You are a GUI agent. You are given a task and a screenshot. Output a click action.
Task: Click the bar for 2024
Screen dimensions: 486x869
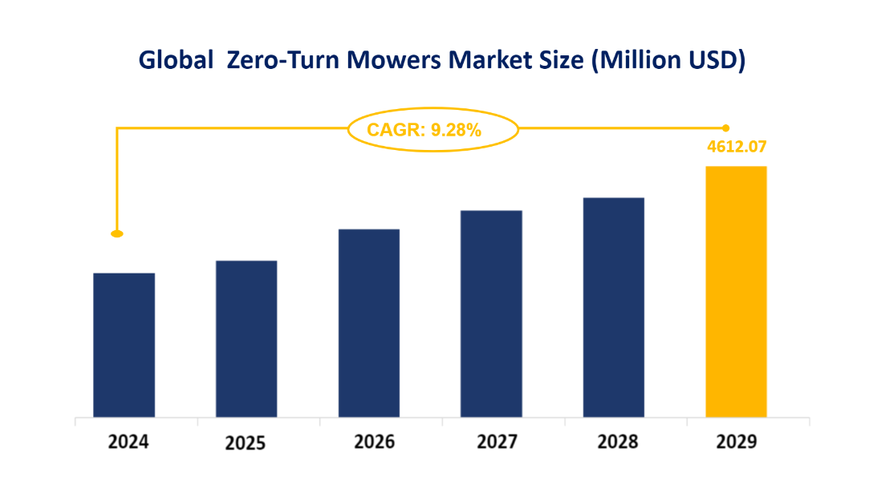click(124, 345)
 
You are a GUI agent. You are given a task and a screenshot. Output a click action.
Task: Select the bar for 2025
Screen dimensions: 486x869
click(246, 338)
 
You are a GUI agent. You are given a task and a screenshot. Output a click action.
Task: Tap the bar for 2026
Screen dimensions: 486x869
click(369, 323)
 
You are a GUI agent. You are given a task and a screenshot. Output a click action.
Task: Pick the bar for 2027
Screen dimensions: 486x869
click(491, 314)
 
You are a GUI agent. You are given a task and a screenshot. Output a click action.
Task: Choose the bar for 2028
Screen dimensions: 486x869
click(614, 307)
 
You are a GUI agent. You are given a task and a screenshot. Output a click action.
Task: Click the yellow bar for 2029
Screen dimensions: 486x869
click(736, 291)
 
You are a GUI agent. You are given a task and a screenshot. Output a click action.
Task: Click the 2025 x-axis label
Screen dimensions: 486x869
click(246, 443)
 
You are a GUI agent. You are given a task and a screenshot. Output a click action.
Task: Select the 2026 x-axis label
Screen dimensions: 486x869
click(369, 442)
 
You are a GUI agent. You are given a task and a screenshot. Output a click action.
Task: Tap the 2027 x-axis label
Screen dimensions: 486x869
click(491, 442)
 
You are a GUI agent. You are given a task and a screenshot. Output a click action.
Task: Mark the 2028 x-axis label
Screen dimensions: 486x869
click(614, 442)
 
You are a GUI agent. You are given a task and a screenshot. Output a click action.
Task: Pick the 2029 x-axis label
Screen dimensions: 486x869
click(736, 442)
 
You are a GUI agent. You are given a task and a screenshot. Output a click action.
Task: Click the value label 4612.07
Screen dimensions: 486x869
click(736, 148)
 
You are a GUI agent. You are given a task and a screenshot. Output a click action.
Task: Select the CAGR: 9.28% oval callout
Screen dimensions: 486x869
click(432, 128)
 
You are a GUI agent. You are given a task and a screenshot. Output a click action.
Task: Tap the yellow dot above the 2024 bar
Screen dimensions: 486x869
click(117, 233)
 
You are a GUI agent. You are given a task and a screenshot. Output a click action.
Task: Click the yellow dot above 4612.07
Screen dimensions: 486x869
click(726, 128)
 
